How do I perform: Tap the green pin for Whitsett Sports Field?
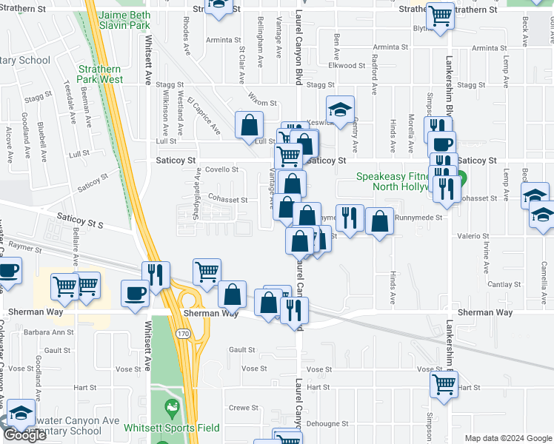(172, 408)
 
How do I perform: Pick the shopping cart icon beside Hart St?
(444, 384)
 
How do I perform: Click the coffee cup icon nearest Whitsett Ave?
(135, 294)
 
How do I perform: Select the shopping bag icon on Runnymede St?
(380, 222)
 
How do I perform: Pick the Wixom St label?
(262, 104)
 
